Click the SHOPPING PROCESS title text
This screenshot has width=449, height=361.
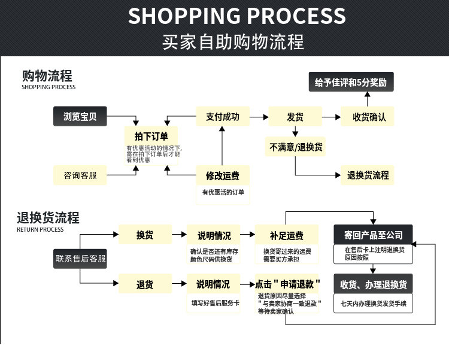(x=236, y=16)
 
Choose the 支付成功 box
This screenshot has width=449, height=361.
(x=223, y=117)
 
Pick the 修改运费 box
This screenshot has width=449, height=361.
(x=223, y=175)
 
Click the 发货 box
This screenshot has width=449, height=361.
(x=295, y=117)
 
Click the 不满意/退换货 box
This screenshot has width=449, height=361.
(x=296, y=146)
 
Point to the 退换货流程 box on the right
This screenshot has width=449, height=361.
(x=368, y=175)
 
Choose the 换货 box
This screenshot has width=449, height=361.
(x=145, y=235)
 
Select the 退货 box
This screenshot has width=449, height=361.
(x=145, y=283)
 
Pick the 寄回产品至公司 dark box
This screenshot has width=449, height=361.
(x=373, y=235)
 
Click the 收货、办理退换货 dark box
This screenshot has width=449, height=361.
(x=373, y=283)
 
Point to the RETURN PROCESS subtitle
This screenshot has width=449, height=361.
(x=40, y=229)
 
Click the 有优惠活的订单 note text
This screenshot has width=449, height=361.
(x=223, y=192)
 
